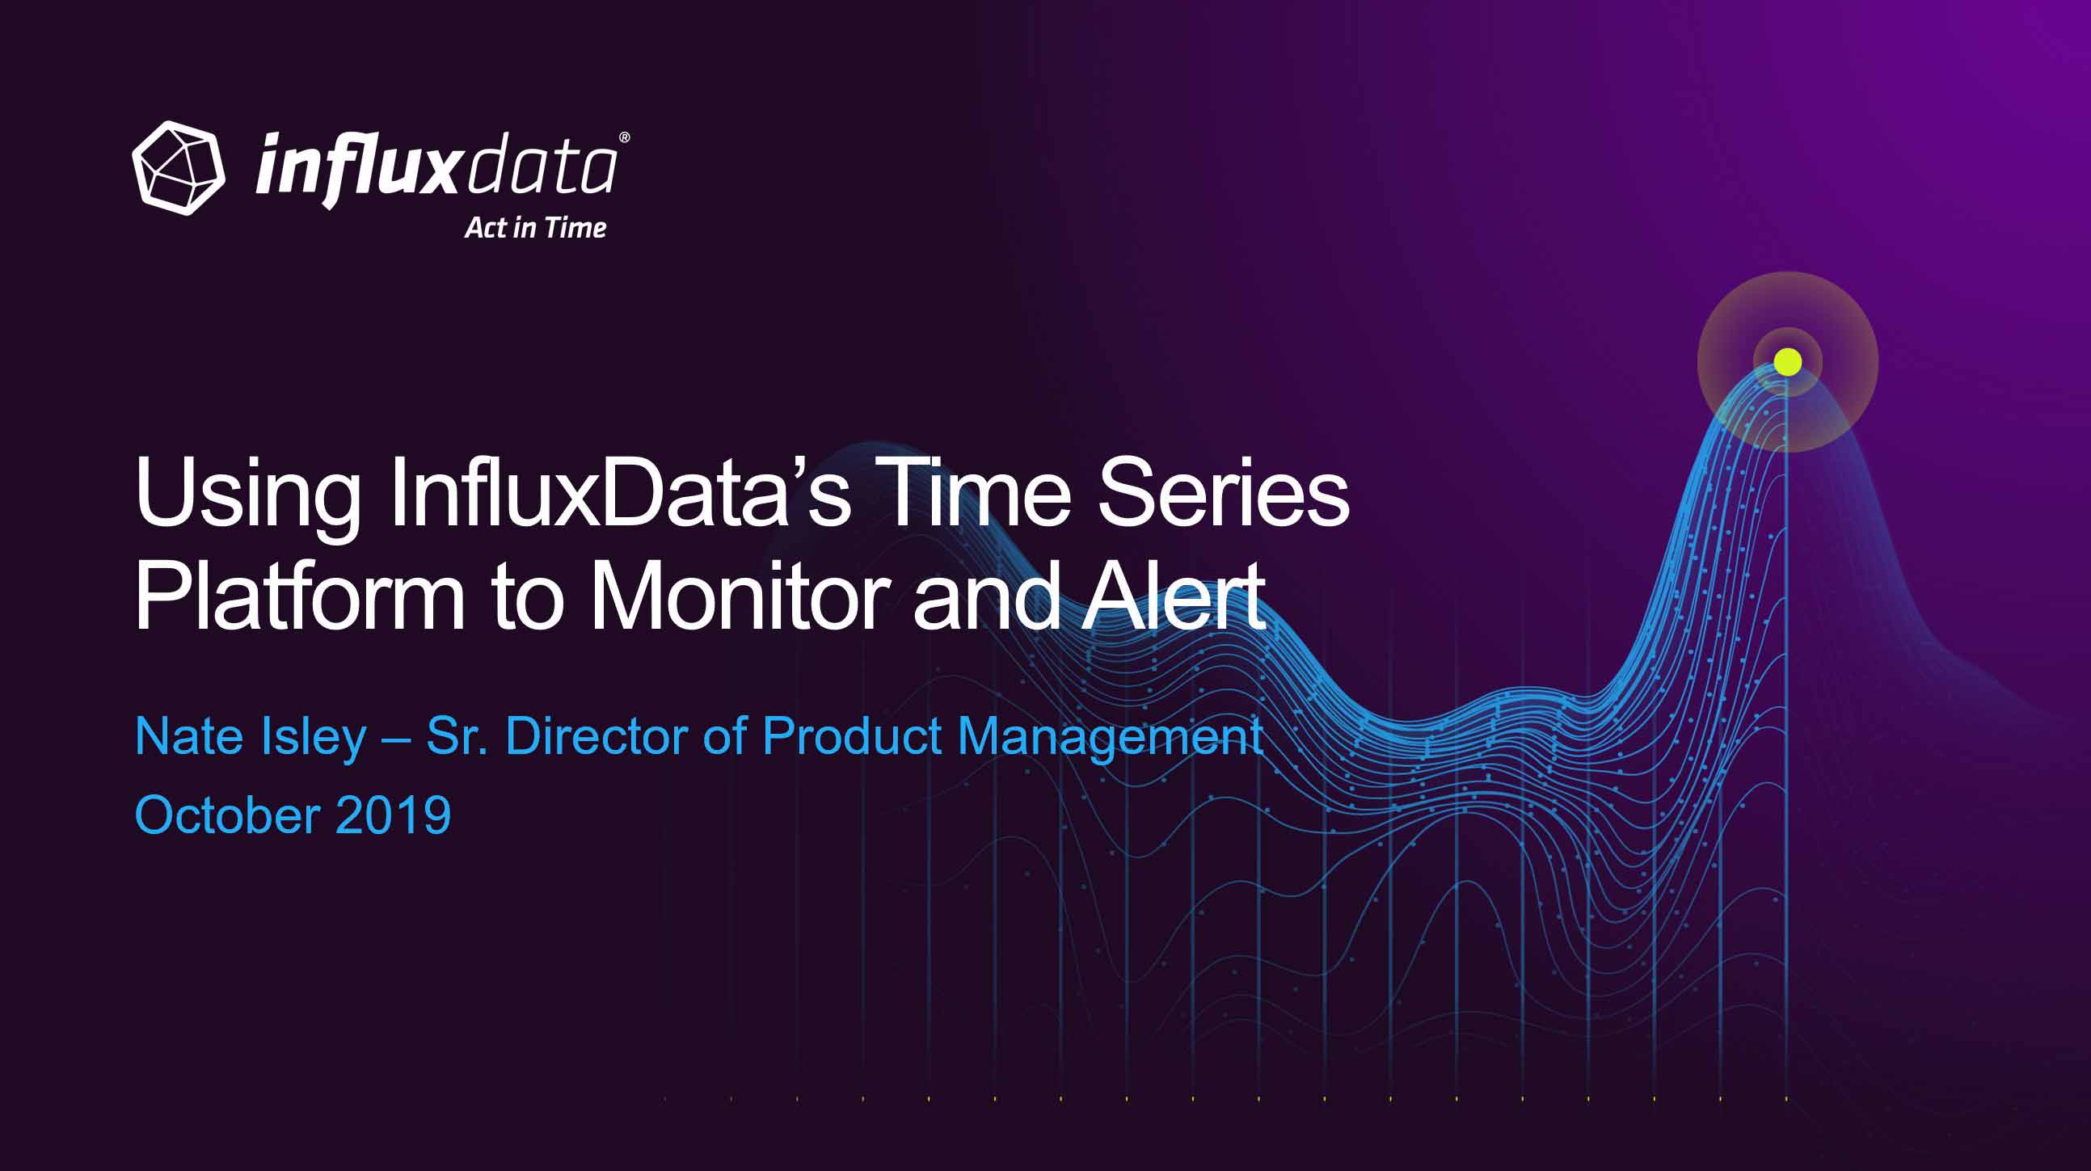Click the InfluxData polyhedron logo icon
click(x=179, y=168)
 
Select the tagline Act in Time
click(x=536, y=228)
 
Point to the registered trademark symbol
click(x=624, y=137)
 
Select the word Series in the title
click(x=1223, y=492)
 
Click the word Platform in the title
click(x=300, y=596)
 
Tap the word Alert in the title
click(x=1174, y=596)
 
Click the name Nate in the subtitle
click(x=189, y=737)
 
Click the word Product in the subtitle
click(x=851, y=737)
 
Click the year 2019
click(x=393, y=815)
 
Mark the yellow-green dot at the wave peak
click(x=1787, y=362)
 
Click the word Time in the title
click(x=979, y=492)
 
